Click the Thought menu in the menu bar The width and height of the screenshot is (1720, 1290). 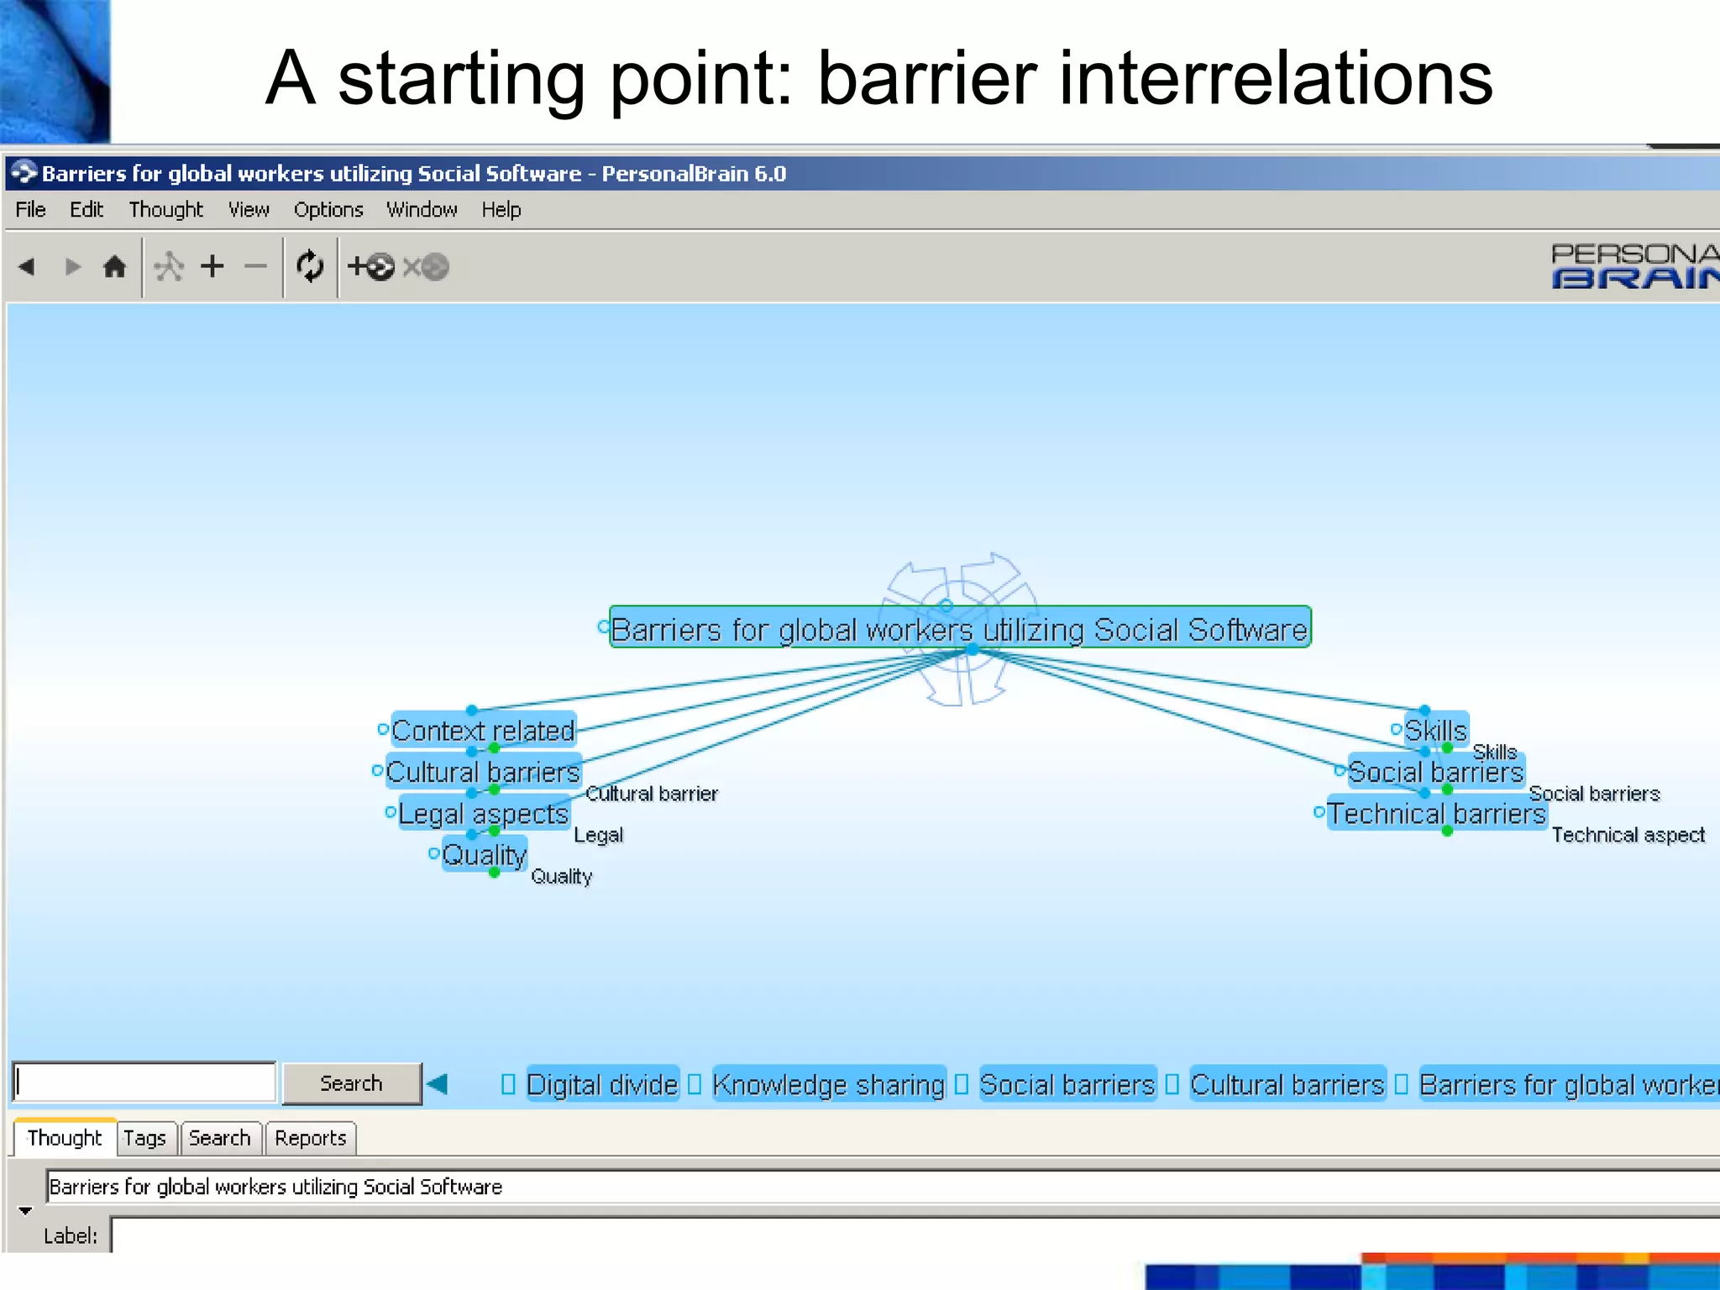[x=165, y=209]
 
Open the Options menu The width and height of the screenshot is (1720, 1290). [x=328, y=209]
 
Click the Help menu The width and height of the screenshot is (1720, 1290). [x=501, y=209]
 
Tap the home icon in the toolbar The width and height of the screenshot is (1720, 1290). [x=114, y=267]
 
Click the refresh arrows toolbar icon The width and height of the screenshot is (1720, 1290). [x=310, y=267]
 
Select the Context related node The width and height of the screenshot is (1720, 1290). [x=483, y=731]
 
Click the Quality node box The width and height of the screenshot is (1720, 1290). [x=485, y=854]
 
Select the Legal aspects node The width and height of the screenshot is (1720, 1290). [x=483, y=813]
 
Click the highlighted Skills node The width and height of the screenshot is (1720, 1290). [x=1435, y=730]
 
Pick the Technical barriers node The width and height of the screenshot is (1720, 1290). [x=1436, y=813]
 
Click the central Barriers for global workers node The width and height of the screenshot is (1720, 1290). [x=958, y=629]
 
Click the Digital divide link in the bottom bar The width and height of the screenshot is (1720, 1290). [x=601, y=1084]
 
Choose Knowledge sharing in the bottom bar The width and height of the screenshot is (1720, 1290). [x=828, y=1084]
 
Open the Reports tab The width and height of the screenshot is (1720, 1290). [x=310, y=1138]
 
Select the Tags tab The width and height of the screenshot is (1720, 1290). [x=144, y=1138]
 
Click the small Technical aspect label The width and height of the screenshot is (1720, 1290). [x=1628, y=835]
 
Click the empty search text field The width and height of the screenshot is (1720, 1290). [x=144, y=1083]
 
